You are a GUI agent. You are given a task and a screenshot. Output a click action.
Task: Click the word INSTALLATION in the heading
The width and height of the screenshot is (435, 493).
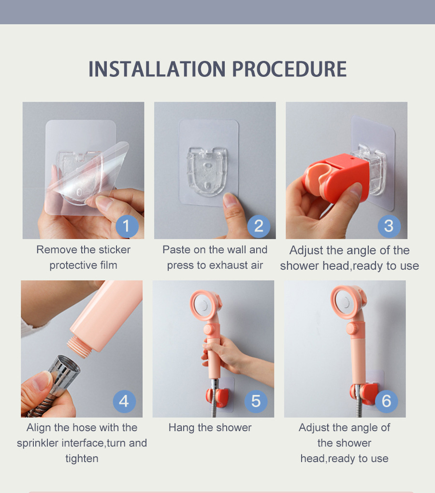coord(157,69)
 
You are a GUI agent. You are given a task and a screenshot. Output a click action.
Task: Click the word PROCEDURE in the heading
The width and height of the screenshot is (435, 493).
coord(289,69)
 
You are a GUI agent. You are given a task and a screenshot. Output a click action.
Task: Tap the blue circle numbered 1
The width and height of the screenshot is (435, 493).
coord(127,226)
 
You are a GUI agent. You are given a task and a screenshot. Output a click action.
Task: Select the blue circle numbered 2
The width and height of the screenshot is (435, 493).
coord(259,226)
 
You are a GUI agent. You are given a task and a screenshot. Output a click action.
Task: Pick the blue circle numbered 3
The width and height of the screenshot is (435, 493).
coord(389,226)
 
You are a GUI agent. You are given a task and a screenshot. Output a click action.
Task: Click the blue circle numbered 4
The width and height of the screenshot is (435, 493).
coord(125,401)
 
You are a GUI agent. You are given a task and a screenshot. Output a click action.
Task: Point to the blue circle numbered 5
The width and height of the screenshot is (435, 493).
coord(256,401)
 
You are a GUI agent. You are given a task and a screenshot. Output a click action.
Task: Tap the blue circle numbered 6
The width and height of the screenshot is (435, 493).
coord(386,401)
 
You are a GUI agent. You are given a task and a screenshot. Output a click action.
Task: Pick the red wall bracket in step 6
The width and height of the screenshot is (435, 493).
coord(364,393)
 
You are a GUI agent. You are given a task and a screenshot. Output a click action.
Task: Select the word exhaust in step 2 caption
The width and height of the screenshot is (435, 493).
coord(227,265)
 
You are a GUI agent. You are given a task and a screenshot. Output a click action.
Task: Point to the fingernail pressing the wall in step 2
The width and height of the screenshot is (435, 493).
coord(230,200)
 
